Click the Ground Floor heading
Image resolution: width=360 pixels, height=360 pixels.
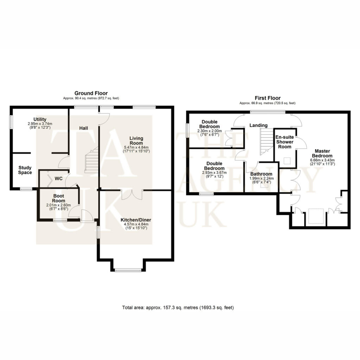[x=91, y=93]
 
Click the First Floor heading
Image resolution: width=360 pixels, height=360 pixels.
[x=268, y=98]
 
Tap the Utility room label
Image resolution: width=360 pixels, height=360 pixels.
[x=40, y=120]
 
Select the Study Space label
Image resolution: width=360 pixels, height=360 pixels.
[x=25, y=170]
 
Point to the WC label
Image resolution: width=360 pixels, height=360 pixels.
[x=59, y=179]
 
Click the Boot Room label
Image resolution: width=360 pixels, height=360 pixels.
[x=59, y=198]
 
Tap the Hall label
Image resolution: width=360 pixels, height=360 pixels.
[x=84, y=128]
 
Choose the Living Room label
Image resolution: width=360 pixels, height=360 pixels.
[x=136, y=141]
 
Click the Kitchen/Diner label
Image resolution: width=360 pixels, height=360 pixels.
[x=136, y=220]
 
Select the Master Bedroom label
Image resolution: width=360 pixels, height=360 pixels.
[x=322, y=153]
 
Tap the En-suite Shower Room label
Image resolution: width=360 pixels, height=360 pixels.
[x=285, y=142]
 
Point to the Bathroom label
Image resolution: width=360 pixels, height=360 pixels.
[x=261, y=174]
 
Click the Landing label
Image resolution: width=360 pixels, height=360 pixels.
[x=258, y=126]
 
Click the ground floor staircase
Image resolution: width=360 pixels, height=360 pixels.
[x=92, y=160]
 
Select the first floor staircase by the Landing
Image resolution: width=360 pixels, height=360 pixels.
[x=267, y=142]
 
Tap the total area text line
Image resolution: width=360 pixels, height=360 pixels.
[x=178, y=308]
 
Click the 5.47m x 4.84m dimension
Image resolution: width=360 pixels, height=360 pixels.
[x=136, y=147]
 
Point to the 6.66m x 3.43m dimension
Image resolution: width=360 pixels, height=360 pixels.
[x=322, y=160]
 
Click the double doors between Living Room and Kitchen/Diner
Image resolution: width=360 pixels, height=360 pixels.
[x=132, y=194]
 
